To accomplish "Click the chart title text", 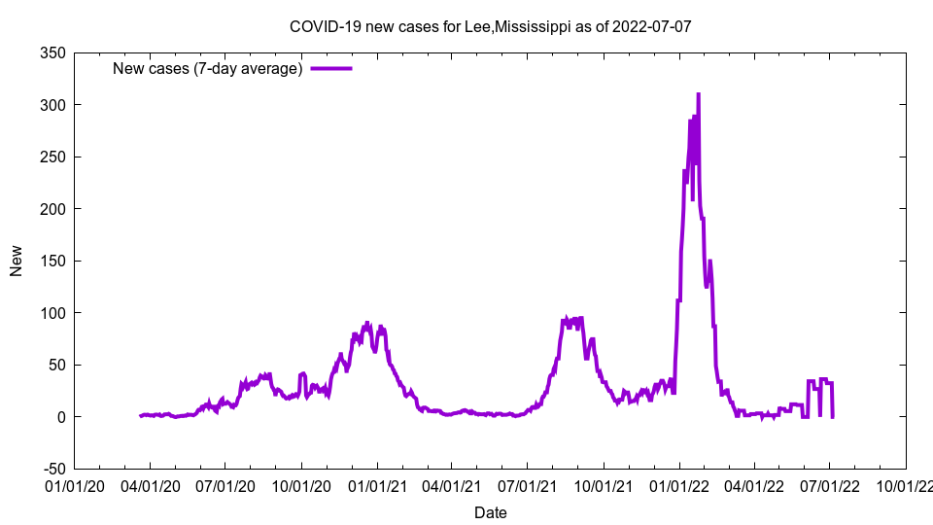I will [x=491, y=26].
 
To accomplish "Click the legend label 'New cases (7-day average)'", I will [x=208, y=68].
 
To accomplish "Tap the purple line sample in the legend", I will [x=330, y=68].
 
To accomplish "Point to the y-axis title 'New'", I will [x=17, y=261].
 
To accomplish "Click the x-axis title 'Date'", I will [x=490, y=512].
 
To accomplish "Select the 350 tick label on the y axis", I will [x=53, y=52].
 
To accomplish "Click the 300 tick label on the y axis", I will [x=53, y=105].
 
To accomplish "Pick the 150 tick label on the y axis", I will [x=53, y=261].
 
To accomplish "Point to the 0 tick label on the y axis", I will [x=60, y=417].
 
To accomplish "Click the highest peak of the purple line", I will [x=698, y=94].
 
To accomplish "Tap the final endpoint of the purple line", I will [x=833, y=416].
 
